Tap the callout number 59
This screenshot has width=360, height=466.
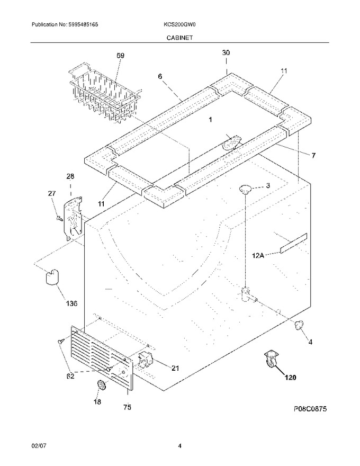120,55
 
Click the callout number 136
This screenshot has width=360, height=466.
71,303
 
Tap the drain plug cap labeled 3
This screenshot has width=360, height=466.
245,189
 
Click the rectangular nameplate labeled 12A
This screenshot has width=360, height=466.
293,244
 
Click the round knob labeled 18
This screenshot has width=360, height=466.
102,386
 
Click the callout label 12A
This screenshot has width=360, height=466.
258,255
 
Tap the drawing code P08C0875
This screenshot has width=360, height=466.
310,409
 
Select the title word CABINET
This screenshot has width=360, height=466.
179,38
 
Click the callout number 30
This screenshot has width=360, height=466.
226,52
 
